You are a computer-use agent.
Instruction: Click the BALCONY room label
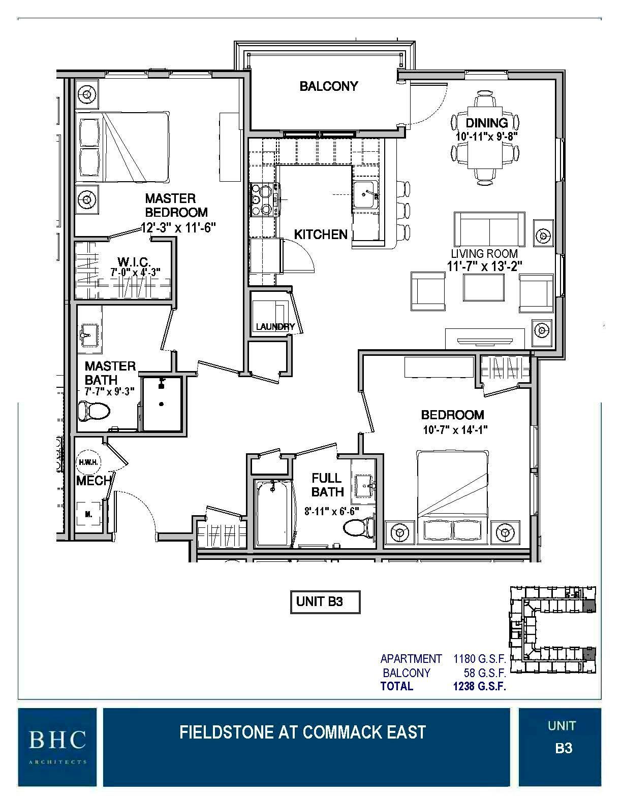(329, 86)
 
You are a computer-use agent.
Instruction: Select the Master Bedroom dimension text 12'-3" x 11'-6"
(178, 228)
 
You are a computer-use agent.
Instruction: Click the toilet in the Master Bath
(95, 410)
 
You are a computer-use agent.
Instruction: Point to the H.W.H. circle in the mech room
(89, 462)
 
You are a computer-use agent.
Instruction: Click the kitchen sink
(366, 195)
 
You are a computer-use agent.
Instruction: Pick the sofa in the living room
(489, 229)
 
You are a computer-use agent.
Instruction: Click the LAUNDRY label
(275, 327)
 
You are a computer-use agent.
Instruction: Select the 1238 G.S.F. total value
(479, 687)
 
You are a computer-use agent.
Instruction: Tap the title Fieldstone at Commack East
(302, 732)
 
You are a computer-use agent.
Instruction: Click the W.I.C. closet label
(134, 262)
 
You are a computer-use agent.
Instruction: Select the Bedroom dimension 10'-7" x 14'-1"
(455, 430)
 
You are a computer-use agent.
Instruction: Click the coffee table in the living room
(483, 287)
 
